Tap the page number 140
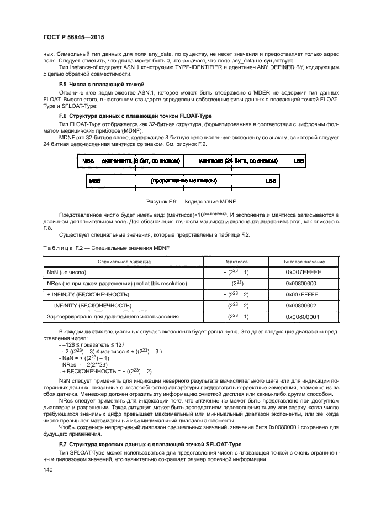pos(48,469)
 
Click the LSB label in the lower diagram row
pos(271,181)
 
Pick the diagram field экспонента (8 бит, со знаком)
pos(141,161)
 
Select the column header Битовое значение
pos(304,262)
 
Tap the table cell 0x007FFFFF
pos(304,273)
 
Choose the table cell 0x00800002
pos(304,305)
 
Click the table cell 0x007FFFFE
pos(304,294)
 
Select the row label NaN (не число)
pos(67,273)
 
